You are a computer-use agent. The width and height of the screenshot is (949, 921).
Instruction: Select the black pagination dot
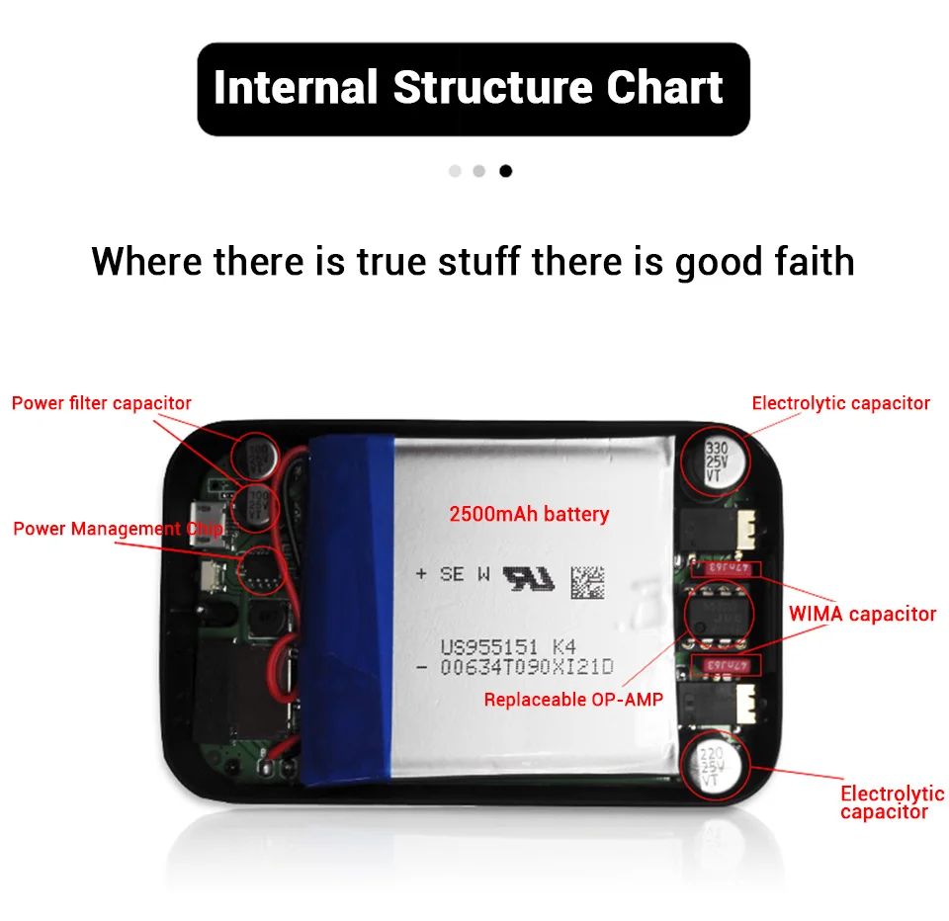pos(506,171)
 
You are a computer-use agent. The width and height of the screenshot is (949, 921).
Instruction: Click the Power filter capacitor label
pos(102,403)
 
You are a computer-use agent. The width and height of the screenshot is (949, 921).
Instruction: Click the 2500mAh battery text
pos(529,514)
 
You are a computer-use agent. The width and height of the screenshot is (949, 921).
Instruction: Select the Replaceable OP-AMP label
pos(572,700)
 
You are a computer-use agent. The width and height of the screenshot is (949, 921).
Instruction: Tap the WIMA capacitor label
pos(862,614)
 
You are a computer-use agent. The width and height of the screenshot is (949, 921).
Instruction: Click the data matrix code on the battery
pos(585,580)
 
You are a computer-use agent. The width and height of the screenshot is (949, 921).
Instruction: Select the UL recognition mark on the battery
pos(529,577)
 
